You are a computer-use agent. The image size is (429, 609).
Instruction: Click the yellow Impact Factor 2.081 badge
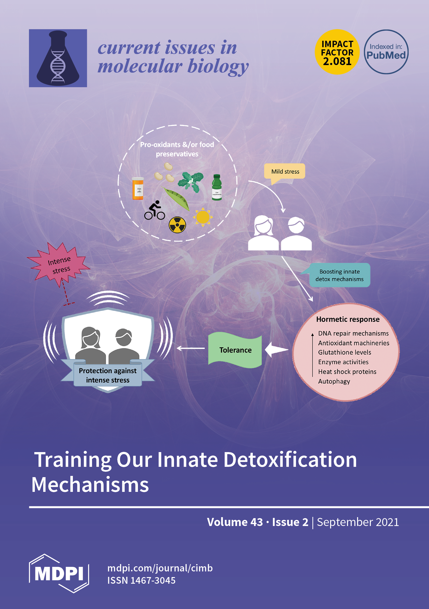tap(337, 52)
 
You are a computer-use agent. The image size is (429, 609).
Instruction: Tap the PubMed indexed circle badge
tap(386, 52)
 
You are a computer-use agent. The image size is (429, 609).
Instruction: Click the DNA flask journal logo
tap(58, 58)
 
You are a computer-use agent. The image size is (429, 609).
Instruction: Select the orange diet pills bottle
tap(138, 189)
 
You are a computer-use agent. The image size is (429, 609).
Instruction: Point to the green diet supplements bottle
tap(217, 187)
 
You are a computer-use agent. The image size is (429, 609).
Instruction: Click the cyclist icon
tap(155, 210)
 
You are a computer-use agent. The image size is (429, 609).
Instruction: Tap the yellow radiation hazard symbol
tap(177, 225)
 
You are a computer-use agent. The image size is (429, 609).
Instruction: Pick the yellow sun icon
tap(203, 217)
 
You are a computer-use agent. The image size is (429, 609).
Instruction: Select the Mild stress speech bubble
tap(285, 172)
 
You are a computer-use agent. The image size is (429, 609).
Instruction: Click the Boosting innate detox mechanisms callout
tap(339, 275)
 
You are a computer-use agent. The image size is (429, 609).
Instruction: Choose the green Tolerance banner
tap(235, 350)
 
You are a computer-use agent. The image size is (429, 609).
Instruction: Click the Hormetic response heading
tap(348, 319)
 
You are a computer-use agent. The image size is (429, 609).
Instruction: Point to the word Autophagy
tap(334, 381)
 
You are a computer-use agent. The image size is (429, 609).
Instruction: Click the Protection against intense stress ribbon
tap(108, 375)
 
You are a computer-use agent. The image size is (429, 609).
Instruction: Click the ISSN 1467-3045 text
tap(141, 580)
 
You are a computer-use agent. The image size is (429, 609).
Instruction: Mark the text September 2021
tap(358, 522)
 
